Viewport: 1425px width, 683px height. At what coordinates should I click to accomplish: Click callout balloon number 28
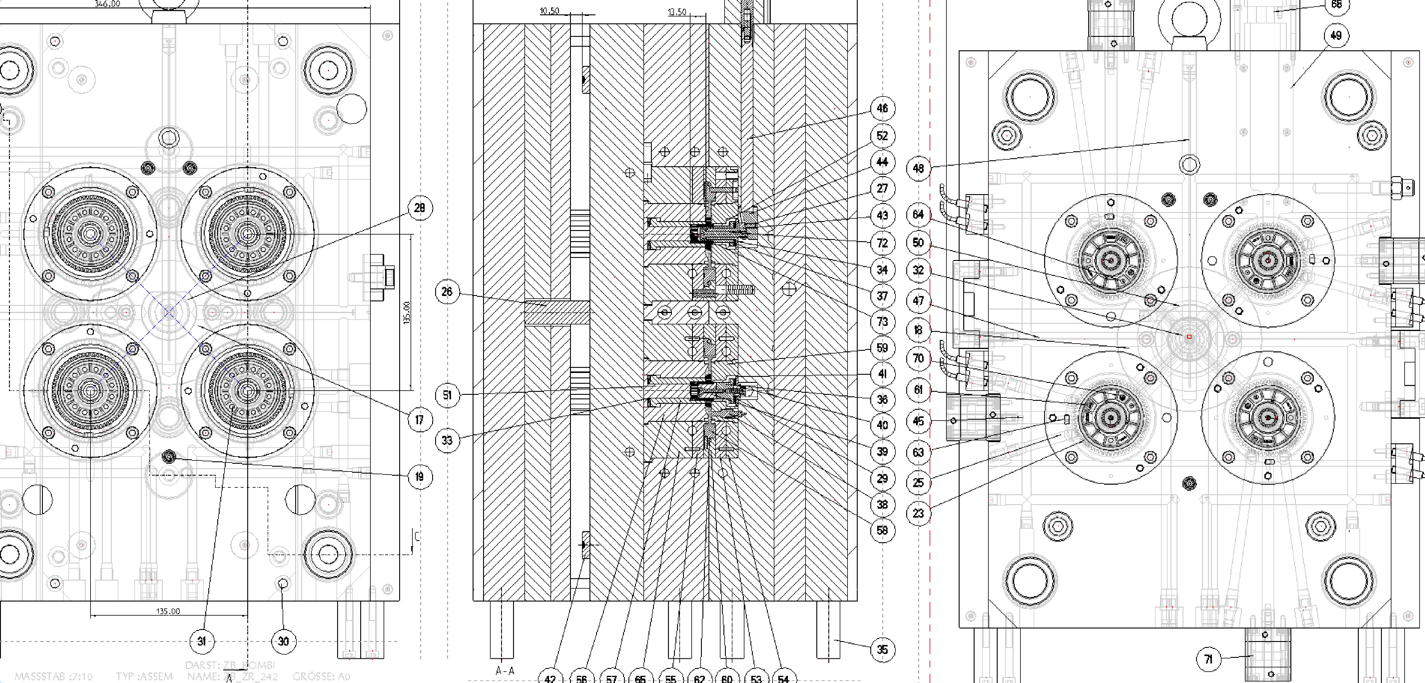(420, 208)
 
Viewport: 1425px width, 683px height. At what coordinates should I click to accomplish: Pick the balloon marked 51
(447, 395)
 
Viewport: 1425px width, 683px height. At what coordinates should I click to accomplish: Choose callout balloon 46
(882, 108)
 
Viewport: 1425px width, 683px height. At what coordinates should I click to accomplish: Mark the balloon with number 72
(882, 243)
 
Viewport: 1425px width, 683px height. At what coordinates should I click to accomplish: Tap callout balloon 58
(882, 530)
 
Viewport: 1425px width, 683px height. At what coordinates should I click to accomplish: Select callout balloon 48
(918, 168)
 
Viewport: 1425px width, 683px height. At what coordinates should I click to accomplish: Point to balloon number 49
(1336, 35)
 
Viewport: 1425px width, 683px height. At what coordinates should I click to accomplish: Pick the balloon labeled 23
(918, 513)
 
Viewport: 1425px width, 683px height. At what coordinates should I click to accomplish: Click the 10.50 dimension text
(549, 11)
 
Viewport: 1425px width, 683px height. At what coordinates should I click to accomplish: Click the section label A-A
(504, 671)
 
